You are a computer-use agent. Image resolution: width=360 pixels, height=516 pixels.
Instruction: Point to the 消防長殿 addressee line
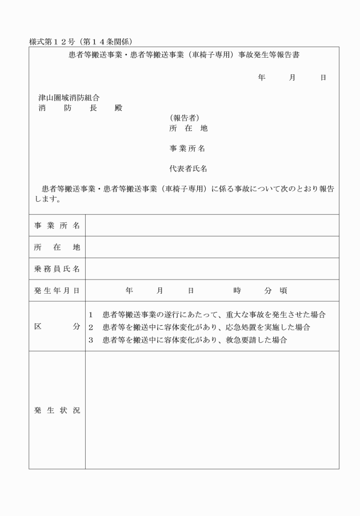pyautogui.click(x=80, y=108)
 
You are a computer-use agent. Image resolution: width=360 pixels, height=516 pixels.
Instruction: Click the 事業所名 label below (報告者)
pyautogui.click(x=187, y=149)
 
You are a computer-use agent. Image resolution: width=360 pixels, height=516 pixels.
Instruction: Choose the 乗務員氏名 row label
pyautogui.click(x=57, y=269)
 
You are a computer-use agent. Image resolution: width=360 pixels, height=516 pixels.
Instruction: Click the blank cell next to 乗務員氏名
pyautogui.click(x=211, y=269)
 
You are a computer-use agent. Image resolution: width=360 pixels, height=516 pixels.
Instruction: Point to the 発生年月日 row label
pyautogui.click(x=57, y=290)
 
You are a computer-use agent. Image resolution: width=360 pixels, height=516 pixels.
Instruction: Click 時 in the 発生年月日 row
pyautogui.click(x=237, y=290)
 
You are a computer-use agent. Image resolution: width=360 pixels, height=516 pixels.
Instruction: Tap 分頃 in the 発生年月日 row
pyautogui.click(x=275, y=290)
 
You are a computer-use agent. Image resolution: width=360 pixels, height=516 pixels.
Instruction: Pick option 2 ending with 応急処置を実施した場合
pyautogui.click(x=206, y=327)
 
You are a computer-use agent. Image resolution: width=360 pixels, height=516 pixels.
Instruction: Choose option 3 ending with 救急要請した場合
pyautogui.click(x=194, y=340)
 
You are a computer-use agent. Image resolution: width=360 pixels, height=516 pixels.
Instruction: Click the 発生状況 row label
pyautogui.click(x=57, y=411)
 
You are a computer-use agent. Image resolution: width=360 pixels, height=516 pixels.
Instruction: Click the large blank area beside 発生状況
pyautogui.click(x=211, y=411)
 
